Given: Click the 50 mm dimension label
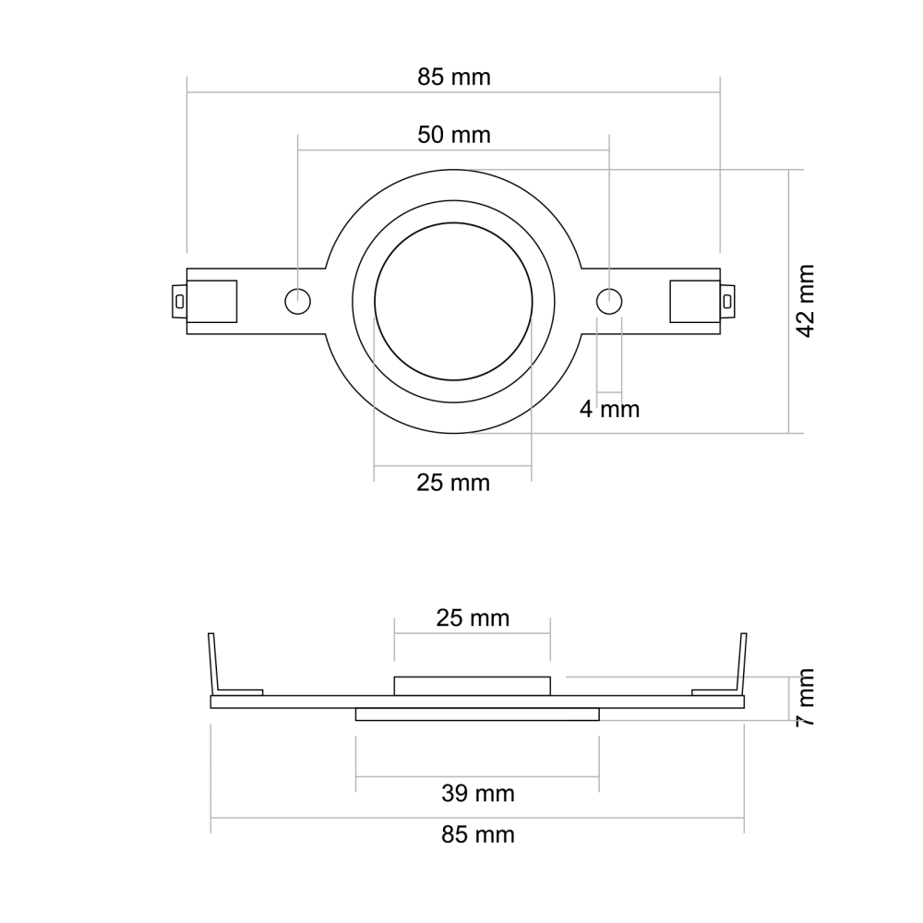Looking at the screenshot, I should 453,135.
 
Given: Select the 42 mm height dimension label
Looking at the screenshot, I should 806,301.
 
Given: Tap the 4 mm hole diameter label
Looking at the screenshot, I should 609,408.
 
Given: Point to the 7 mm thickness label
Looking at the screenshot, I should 806,697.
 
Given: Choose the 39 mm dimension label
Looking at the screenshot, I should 477,793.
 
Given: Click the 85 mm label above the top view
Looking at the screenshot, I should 453,77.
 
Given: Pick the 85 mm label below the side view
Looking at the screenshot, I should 477,835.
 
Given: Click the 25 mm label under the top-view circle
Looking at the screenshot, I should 453,482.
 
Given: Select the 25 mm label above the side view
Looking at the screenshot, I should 473,617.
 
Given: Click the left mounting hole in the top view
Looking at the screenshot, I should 297,301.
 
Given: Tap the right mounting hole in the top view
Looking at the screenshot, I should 609,301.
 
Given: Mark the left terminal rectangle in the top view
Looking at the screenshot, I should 212,301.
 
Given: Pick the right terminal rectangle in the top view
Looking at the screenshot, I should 694,301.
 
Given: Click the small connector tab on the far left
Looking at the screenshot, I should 179,301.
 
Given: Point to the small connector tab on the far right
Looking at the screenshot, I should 727,301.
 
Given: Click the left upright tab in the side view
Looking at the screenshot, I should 213,663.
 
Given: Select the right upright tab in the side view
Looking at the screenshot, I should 742,663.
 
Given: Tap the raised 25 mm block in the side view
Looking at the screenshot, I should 473,686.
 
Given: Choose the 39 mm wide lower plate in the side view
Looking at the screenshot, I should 477,713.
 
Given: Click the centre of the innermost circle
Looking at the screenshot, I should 453,301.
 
